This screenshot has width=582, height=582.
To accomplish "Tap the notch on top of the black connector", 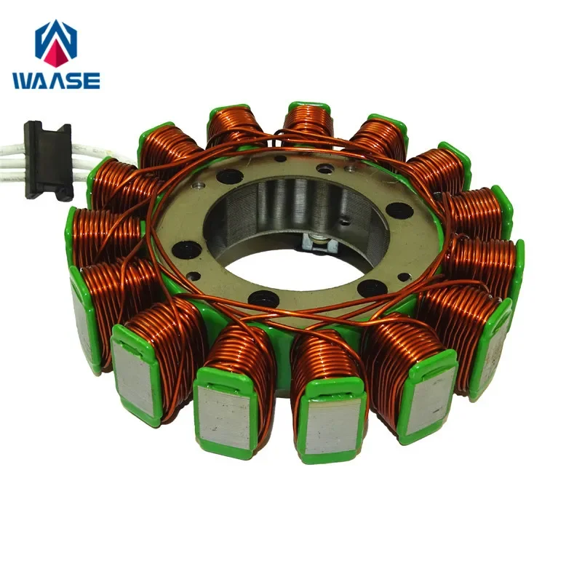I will pyautogui.click(x=48, y=129).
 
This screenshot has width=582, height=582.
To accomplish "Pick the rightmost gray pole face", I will pyautogui.click(x=493, y=342).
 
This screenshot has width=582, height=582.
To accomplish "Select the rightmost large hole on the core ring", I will pyautogui.click(x=399, y=211).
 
